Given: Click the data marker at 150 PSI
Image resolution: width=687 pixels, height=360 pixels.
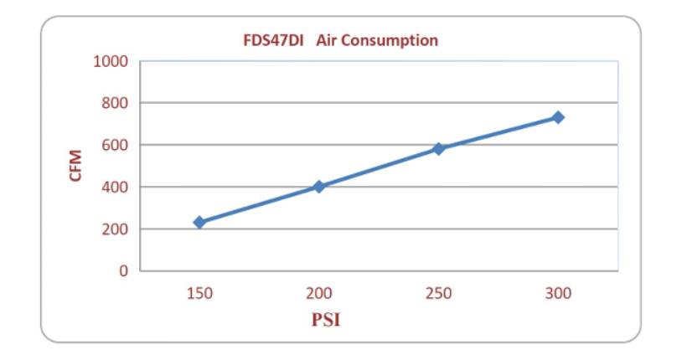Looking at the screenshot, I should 199,222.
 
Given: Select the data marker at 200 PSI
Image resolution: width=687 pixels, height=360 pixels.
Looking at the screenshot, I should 319,186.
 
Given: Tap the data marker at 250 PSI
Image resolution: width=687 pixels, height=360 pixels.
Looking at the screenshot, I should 438,148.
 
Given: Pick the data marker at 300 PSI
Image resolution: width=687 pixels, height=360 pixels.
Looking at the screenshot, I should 558,117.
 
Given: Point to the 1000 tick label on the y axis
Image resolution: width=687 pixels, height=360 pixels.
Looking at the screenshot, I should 111,61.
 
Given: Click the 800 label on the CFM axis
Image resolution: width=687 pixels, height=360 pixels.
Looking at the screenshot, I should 115,103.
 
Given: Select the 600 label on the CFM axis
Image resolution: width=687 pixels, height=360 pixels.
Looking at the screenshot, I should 115,145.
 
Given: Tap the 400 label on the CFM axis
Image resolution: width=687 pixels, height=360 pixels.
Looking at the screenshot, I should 115,187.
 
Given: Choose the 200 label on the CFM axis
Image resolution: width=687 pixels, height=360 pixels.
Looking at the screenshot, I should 115,229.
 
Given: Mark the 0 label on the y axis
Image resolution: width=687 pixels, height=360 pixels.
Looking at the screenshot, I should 122,271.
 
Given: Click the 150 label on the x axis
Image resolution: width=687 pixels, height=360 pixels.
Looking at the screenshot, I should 199,293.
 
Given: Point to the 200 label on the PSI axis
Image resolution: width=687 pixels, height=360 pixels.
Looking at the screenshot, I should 319,293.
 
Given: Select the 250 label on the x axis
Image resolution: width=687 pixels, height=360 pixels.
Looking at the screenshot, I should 438,293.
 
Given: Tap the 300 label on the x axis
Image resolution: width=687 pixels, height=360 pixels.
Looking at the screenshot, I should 558,293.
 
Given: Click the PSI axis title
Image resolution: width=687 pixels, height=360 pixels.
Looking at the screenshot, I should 326,319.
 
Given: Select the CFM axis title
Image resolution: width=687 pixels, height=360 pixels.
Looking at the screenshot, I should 76,166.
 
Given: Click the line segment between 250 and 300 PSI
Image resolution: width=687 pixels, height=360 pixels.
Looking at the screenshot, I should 498,133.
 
